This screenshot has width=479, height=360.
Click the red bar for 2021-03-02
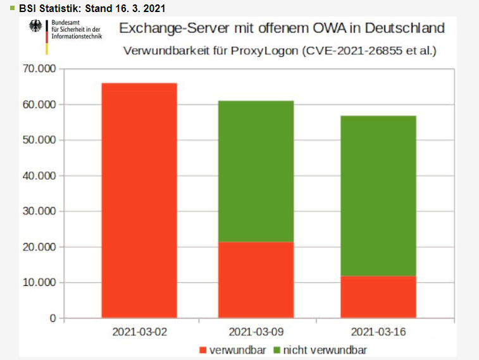coord(139,200)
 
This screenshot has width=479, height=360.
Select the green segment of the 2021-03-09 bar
coord(256,171)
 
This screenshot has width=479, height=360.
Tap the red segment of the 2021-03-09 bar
coord(256,280)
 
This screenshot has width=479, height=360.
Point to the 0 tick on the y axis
coord(53,318)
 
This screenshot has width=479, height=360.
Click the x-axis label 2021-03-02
coord(139,332)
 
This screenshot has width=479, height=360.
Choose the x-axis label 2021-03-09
coord(256,332)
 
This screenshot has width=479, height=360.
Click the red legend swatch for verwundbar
coord(203,350)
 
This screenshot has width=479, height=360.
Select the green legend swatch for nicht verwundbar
coord(277,350)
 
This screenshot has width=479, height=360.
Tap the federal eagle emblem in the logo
coord(36,27)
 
